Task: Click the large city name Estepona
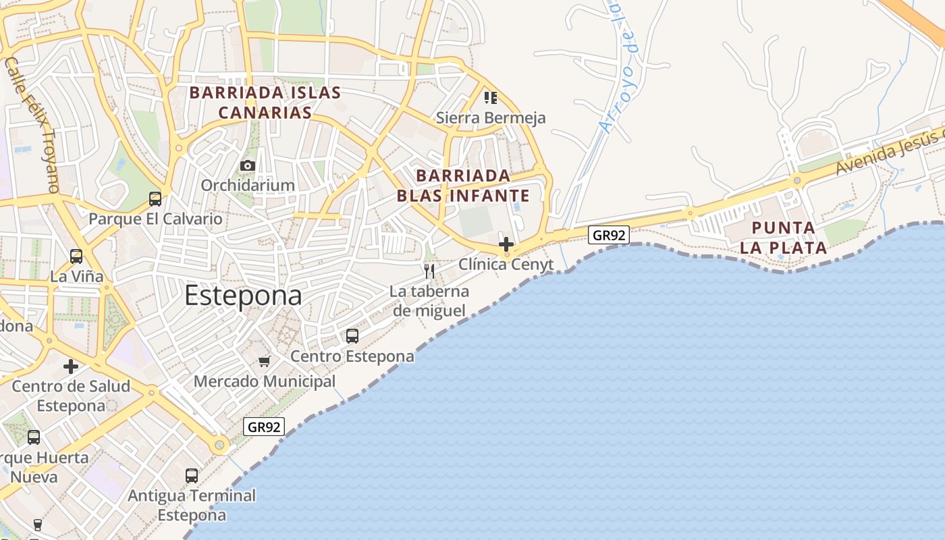(243, 296)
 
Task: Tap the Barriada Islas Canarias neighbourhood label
(265, 103)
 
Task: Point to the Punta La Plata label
(783, 238)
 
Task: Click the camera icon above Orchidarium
(248, 165)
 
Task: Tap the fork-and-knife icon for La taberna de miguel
(429, 271)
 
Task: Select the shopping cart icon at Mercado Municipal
(265, 361)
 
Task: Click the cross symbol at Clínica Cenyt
(506, 244)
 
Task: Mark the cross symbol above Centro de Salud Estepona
(71, 367)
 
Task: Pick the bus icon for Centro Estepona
(352, 335)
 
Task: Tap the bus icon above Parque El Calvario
(155, 198)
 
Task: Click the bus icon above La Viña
(76, 256)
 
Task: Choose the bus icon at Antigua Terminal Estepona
(192, 475)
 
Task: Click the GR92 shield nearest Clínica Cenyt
(609, 235)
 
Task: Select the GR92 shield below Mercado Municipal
(264, 427)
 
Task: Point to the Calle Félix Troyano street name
(32, 125)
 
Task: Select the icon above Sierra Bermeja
(491, 98)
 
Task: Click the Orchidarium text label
(248, 185)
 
